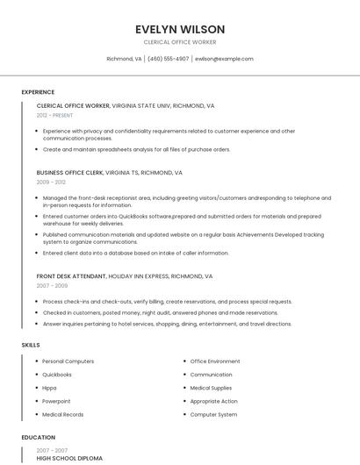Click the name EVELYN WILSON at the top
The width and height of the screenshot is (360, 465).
[180, 29]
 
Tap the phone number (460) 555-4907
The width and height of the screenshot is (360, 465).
[168, 59]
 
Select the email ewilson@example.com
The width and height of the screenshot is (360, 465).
[224, 59]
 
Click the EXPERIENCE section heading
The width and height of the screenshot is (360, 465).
[38, 92]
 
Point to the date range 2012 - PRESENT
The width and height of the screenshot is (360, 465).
[55, 115]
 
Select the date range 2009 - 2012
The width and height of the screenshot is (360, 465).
[51, 182]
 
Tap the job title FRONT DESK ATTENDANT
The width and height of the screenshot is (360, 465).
[71, 275]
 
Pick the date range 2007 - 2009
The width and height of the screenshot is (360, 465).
[51, 285]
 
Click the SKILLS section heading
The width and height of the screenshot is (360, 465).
[31, 345]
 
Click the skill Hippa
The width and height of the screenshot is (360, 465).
[50, 388]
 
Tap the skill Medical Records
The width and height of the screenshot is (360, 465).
[63, 414]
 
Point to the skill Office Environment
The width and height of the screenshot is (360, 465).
[215, 361]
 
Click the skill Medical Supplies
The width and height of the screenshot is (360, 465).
[212, 388]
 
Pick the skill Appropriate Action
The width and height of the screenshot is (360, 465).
[213, 401]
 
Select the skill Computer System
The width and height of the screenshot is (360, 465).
[213, 414]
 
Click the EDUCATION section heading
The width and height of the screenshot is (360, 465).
[39, 437]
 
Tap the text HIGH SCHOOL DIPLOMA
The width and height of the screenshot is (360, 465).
[69, 458]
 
